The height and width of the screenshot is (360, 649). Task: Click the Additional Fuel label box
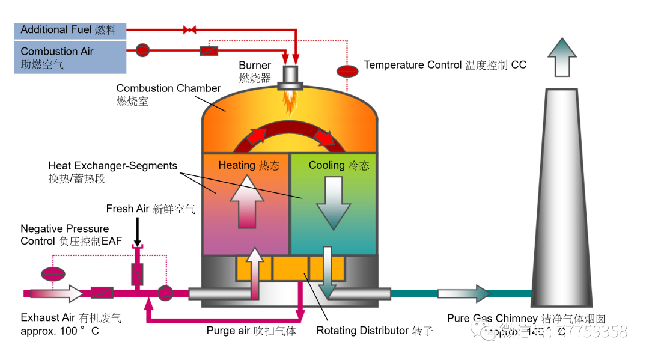pyautogui.click(x=70, y=30)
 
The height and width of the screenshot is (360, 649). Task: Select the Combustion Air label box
pyautogui.click(x=70, y=57)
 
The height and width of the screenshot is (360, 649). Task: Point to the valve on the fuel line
pyautogui.click(x=189, y=29)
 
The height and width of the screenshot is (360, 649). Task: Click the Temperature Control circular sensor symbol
pyautogui.click(x=347, y=70)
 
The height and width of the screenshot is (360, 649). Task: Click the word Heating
pyautogui.click(x=237, y=165)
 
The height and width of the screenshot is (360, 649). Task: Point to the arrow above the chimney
pyautogui.click(x=562, y=57)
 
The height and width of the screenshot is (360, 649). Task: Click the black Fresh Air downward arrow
pyautogui.click(x=137, y=231)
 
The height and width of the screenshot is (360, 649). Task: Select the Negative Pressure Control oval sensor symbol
pyautogui.click(x=53, y=273)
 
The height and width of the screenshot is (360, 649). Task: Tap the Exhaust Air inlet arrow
pyautogui.click(x=57, y=293)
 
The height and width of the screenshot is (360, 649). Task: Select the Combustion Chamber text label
pyautogui.click(x=168, y=88)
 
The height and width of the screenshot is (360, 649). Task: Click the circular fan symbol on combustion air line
pyautogui.click(x=142, y=50)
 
